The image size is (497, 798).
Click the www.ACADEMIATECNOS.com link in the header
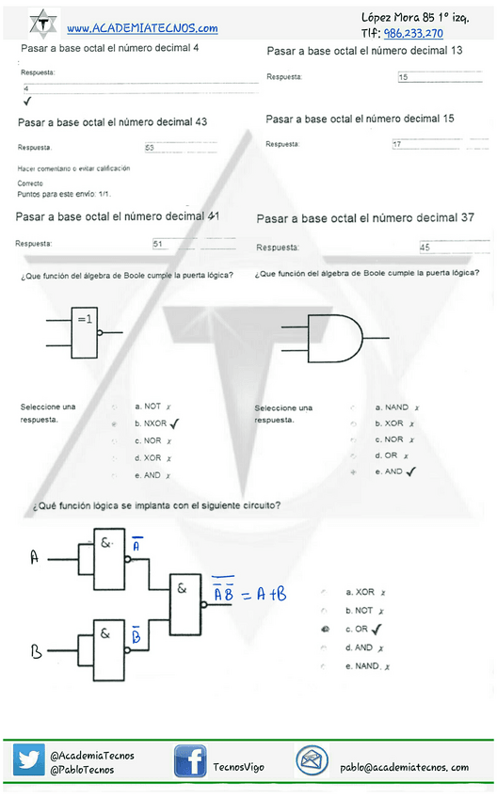coord(142,29)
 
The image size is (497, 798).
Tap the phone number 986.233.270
coord(413,33)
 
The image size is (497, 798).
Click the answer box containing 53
coord(180,148)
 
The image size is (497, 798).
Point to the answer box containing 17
coord(439,145)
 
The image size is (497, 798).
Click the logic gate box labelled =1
coord(85,330)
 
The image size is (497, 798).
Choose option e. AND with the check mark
coord(391,471)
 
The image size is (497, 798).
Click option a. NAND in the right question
coord(391,407)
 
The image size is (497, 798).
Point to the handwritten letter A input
coord(34,558)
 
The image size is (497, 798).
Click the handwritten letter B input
coord(36,650)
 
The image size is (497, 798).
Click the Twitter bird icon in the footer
coord(28,760)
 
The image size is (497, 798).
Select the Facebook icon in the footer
coord(190,761)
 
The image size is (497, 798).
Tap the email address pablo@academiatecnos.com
coord(404,767)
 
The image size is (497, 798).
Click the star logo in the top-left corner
coord(42,23)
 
